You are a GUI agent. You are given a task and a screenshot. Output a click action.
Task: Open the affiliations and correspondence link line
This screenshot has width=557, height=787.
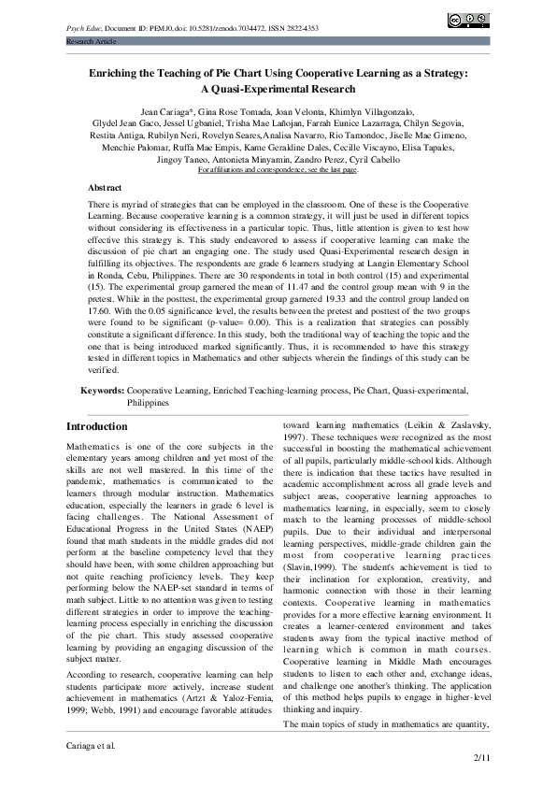278,170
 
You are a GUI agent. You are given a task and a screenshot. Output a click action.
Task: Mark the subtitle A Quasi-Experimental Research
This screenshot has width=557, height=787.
278,89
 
